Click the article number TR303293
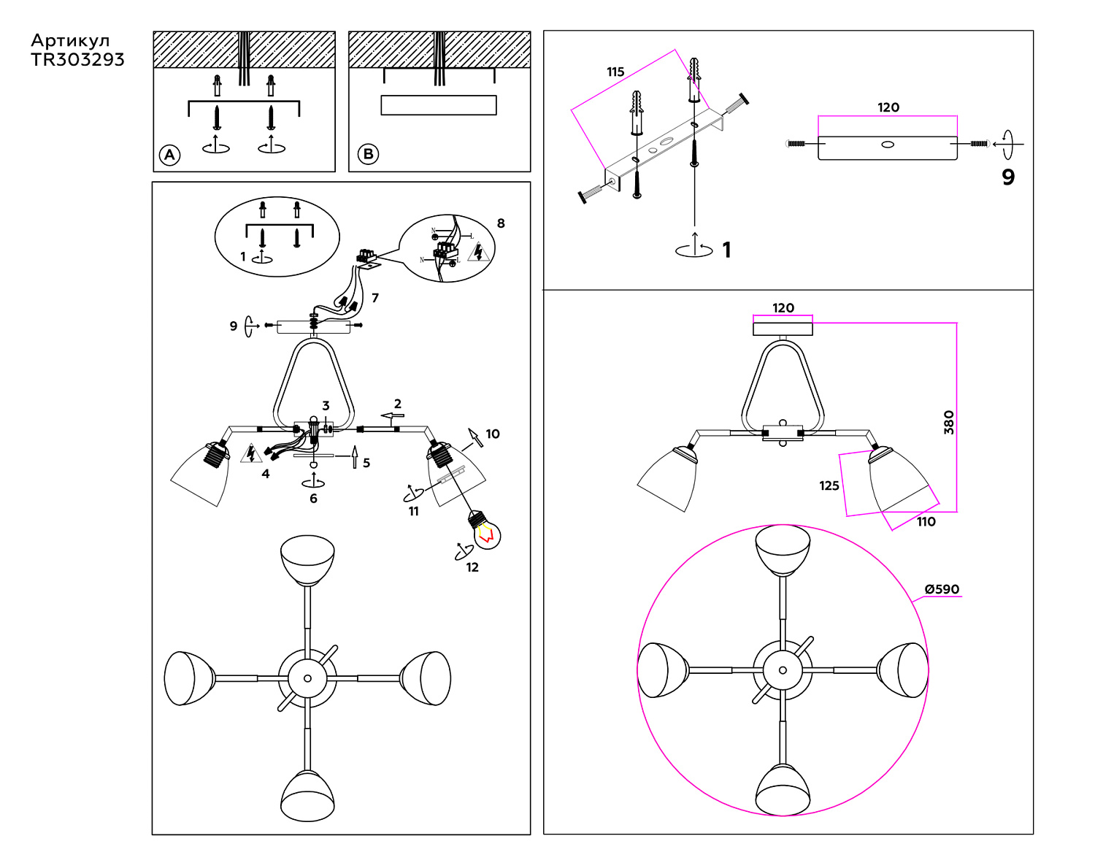(77, 60)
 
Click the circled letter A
(170, 155)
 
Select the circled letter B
(368, 154)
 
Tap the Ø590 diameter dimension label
(942, 589)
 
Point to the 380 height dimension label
(948, 422)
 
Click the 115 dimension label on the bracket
(615, 72)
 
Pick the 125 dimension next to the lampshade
(829, 486)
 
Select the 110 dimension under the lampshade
(926, 521)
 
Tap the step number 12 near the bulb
(472, 567)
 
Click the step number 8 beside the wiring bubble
(501, 223)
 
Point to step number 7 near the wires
(375, 298)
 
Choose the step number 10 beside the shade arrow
(493, 434)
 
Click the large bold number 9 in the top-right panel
(1008, 177)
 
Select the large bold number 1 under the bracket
(726, 250)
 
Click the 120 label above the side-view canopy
(783, 308)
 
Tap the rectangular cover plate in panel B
(439, 105)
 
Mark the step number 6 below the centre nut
(313, 499)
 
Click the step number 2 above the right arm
(398, 404)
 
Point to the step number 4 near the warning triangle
(266, 474)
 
